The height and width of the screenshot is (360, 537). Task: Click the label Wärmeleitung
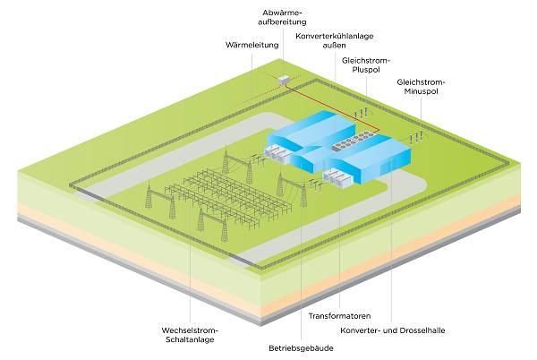click(252, 43)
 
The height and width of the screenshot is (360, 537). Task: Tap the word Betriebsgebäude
click(301, 347)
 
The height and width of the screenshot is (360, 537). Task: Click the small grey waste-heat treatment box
click(286, 80)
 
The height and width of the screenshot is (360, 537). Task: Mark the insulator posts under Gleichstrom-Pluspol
click(362, 115)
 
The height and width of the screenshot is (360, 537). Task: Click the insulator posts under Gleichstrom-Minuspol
click(416, 137)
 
